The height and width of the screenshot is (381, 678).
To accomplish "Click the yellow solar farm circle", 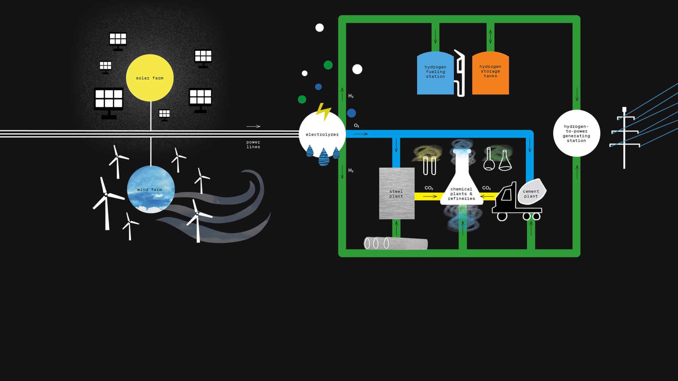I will [150, 78].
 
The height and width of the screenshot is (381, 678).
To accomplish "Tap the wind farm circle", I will [151, 189].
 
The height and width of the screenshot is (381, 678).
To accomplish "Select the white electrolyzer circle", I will [322, 134].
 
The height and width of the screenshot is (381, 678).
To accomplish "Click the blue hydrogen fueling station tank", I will [435, 73].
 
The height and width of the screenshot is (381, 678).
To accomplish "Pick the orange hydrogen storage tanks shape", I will [490, 73].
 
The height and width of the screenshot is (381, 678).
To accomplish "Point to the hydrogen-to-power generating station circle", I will [576, 133].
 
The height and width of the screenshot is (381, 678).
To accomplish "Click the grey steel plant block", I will [397, 193].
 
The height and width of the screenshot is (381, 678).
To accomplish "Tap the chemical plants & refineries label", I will [461, 194].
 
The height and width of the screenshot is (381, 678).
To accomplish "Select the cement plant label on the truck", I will [531, 194].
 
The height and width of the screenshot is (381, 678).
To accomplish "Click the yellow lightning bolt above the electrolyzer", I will [323, 111].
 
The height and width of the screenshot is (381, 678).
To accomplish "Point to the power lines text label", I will [253, 145].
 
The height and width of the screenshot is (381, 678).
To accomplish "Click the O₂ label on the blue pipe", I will [357, 126].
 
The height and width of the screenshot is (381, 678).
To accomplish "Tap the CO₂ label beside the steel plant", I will [429, 188].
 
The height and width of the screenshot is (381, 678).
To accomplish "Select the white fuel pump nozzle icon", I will [460, 73].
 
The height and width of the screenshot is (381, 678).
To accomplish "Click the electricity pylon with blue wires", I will [624, 138].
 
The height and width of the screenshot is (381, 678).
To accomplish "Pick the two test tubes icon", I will [429, 165].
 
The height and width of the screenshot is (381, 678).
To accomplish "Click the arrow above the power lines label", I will [253, 126].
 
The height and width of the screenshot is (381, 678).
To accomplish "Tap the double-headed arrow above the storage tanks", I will [490, 36].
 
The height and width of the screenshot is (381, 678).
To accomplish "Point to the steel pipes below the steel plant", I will [395, 243].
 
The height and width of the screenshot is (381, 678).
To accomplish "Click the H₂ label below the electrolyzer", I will [351, 170].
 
